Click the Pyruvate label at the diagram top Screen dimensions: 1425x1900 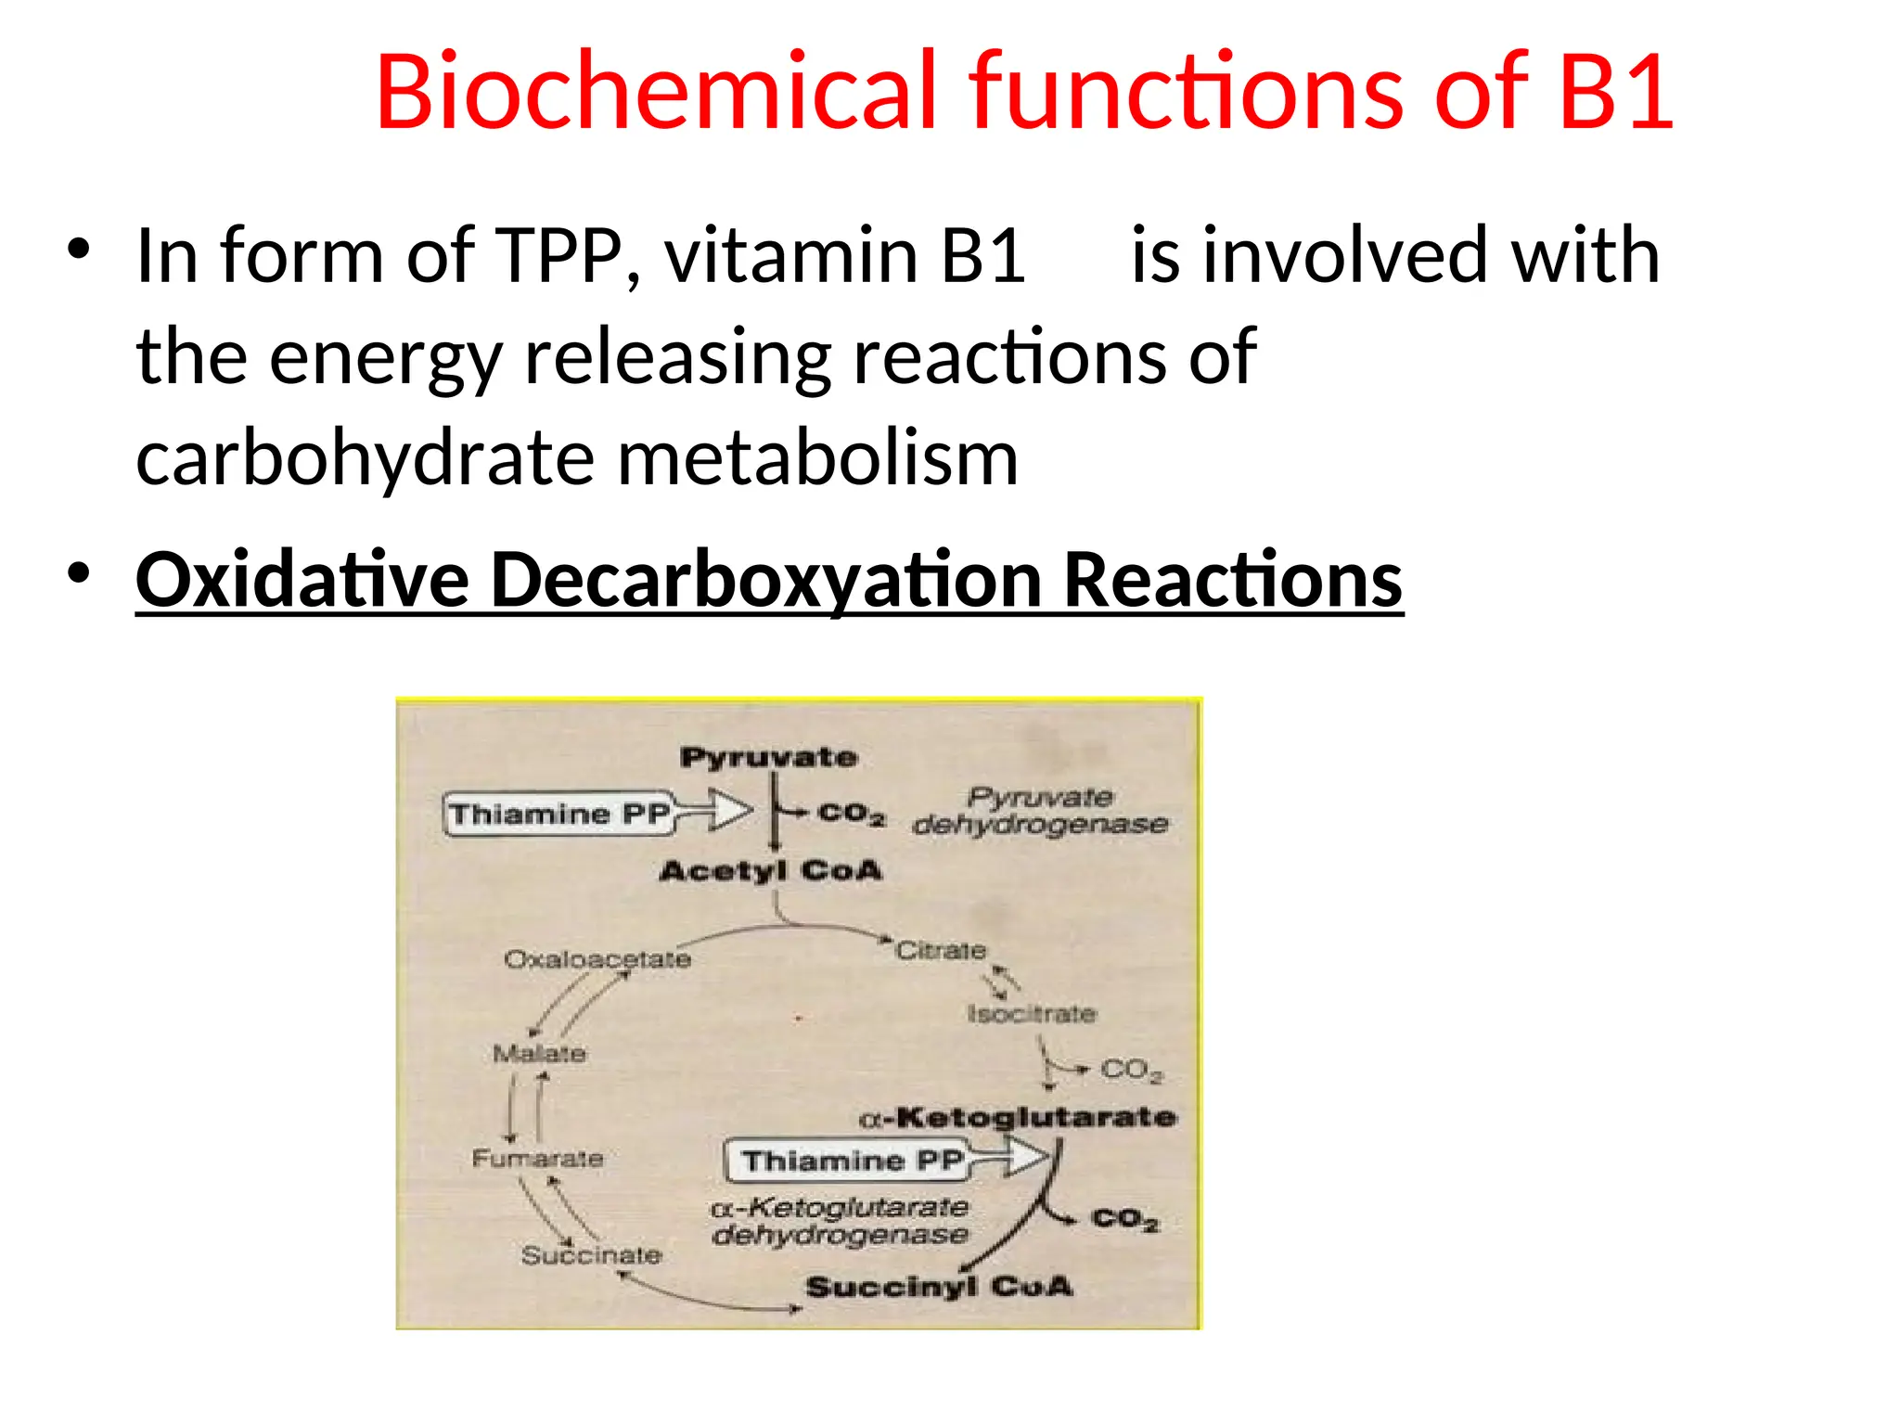click(768, 757)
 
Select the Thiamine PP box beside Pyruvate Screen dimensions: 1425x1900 click(558, 815)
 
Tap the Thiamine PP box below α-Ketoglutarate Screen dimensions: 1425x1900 click(846, 1161)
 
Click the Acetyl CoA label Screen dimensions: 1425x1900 click(770, 870)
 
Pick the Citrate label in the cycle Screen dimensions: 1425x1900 click(940, 951)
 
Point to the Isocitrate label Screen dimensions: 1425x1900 click(1032, 1013)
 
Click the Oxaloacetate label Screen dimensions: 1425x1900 click(597, 958)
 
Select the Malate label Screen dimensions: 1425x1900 click(539, 1054)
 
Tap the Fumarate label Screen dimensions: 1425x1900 click(537, 1158)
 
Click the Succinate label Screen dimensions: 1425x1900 click(591, 1255)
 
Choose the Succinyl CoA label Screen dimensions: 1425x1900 click(939, 1287)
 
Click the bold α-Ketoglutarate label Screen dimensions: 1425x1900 click(1018, 1117)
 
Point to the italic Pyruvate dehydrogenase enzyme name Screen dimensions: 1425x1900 click(1039, 811)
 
